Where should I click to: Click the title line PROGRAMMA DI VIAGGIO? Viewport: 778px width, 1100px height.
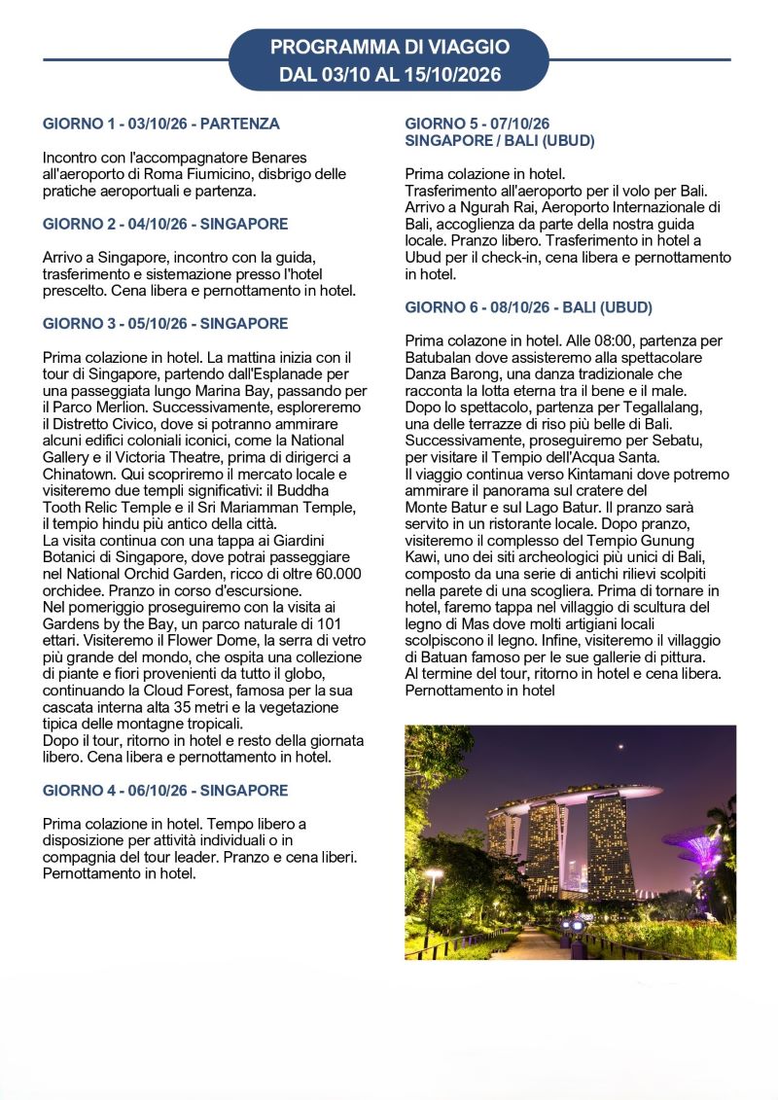pos(389,47)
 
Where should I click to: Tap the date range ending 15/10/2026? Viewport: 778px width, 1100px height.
pos(389,74)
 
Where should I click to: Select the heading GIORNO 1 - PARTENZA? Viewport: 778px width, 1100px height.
pos(160,124)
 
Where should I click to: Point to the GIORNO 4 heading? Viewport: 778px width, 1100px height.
pos(165,791)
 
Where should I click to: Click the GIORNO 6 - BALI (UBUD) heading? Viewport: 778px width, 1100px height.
pos(528,307)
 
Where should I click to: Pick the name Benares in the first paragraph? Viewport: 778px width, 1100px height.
pos(277,158)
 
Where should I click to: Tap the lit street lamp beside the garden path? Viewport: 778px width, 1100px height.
pos(433,881)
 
